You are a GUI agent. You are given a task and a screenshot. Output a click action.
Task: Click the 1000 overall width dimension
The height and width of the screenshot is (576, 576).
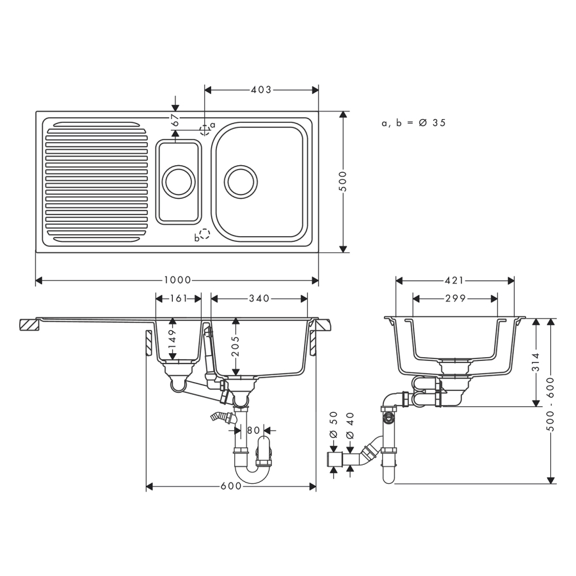[177, 280]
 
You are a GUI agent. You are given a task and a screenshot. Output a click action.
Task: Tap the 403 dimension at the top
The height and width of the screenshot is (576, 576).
[261, 90]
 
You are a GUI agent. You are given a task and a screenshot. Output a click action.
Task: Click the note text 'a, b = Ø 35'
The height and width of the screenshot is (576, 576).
[413, 123]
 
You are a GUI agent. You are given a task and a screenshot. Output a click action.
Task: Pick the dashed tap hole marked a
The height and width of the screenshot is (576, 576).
[205, 131]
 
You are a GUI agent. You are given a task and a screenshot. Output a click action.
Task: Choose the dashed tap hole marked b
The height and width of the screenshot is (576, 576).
[204, 234]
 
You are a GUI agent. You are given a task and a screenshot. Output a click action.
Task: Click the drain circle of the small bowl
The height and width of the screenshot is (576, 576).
[179, 181]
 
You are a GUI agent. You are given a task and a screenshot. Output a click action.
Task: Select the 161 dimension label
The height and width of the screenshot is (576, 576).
[179, 298]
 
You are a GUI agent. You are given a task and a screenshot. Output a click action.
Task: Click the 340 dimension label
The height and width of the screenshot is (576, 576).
[259, 298]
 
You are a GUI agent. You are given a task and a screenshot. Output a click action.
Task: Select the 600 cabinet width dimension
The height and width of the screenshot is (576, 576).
[231, 486]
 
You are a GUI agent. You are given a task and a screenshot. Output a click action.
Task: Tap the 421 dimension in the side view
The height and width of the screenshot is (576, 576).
[455, 280]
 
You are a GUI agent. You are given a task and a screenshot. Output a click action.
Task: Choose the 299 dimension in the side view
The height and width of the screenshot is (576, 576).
[455, 298]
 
